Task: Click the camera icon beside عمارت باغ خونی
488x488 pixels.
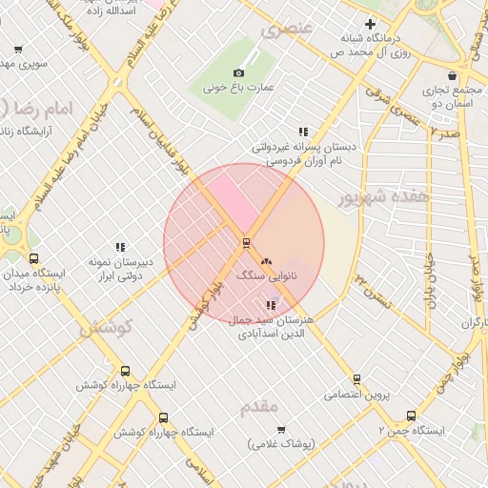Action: pos(238,73)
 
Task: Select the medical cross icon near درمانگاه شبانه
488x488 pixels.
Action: pos(371,24)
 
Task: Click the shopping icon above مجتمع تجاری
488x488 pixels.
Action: pos(452,76)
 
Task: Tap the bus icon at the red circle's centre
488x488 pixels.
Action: pos(246,242)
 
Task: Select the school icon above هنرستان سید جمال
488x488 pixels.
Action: pos(272,305)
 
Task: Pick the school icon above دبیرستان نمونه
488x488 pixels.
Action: pos(120,247)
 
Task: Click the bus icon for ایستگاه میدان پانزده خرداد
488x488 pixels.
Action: pos(34,258)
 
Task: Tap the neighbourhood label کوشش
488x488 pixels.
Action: pos(104,329)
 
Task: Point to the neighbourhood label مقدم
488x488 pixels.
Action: pos(259,407)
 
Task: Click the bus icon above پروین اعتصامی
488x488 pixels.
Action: pos(356,378)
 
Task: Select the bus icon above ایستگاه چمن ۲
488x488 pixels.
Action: pos(411,416)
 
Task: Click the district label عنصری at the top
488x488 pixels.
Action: pos(286,29)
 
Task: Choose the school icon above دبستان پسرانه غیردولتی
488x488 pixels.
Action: pos(303,132)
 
